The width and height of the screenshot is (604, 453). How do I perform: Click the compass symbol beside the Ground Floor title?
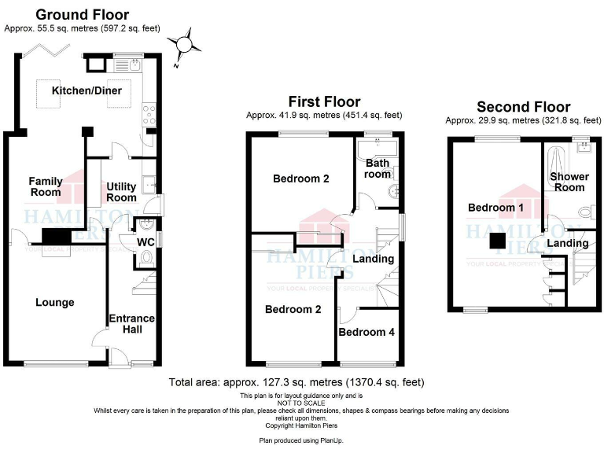[x=185, y=42]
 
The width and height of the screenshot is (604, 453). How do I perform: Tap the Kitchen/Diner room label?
[x=87, y=91]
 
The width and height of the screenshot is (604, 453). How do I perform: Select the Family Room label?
[x=46, y=187]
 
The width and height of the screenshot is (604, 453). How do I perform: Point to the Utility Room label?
[x=121, y=192]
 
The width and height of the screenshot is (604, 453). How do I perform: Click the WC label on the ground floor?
[x=145, y=242]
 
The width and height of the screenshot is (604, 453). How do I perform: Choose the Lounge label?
[x=54, y=303]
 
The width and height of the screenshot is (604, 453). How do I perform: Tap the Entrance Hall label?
[x=132, y=323]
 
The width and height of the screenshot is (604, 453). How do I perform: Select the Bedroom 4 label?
[x=366, y=333]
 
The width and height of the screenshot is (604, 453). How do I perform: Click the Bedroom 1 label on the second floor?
[x=496, y=208]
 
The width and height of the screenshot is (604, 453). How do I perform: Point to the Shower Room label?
[x=569, y=182]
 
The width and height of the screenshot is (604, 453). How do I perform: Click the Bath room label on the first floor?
[x=377, y=168]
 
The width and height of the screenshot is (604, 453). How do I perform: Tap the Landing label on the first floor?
[x=373, y=259]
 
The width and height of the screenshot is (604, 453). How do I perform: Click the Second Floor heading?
[x=523, y=107]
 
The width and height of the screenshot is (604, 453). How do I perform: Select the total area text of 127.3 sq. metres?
[x=296, y=382]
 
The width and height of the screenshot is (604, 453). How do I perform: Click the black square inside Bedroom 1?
[x=497, y=241]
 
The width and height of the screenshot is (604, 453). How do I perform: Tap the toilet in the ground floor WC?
[x=148, y=257]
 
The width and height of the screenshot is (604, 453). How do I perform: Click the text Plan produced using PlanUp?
[x=301, y=440]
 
